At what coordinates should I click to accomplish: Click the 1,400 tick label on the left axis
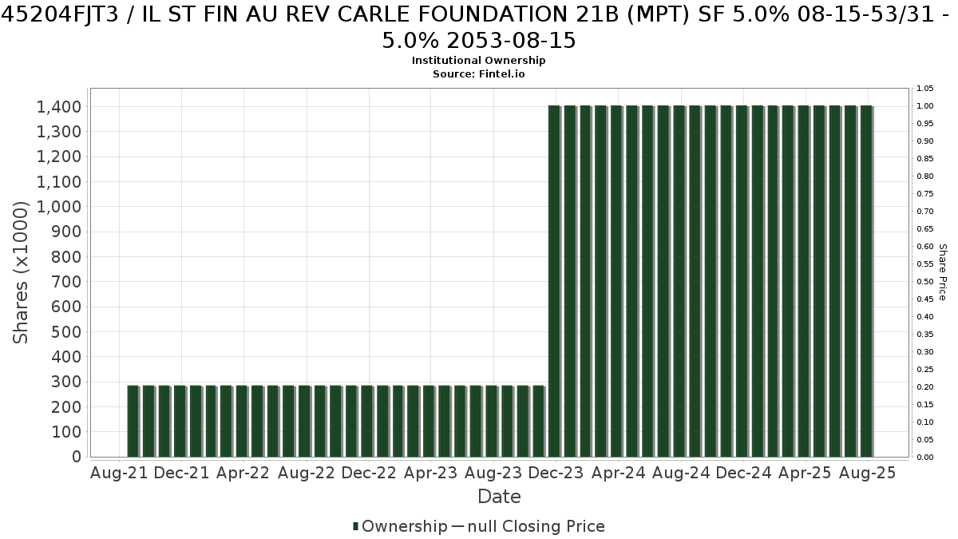59,107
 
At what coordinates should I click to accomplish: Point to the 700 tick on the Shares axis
66,282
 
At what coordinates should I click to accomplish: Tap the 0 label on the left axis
77,457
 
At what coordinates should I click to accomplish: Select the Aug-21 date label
119,473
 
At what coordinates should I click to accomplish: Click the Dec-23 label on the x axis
556,473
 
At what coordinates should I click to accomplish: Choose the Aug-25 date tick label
867,473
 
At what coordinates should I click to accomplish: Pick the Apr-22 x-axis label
243,473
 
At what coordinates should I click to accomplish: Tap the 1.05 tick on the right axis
924,89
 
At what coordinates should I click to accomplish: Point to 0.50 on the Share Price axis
924,281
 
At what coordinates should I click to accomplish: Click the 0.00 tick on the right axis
924,458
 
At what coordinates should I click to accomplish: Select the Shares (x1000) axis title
20,272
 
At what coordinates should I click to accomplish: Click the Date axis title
499,497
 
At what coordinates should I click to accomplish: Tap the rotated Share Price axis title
943,272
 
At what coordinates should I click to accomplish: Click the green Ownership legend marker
355,526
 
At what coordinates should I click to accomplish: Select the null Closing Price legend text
536,526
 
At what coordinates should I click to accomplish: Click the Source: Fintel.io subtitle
478,74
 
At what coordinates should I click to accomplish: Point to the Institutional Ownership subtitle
478,61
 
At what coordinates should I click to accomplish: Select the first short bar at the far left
133,422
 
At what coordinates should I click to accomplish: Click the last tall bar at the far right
866,281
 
